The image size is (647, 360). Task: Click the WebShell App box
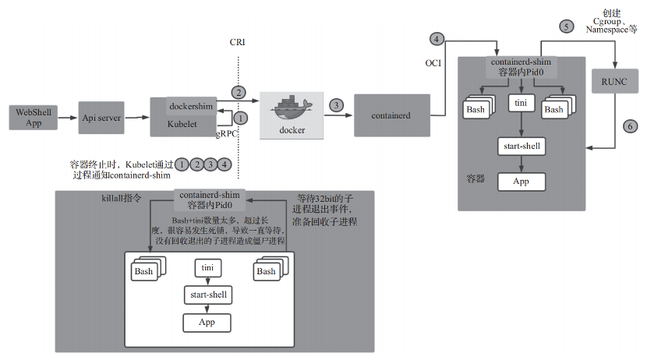click(34, 117)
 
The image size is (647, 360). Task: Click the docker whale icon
click(291, 107)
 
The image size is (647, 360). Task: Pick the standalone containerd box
click(392, 115)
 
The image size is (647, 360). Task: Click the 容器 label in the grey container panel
click(476, 178)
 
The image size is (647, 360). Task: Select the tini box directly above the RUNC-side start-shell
click(521, 102)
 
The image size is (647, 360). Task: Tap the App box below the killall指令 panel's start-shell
click(207, 321)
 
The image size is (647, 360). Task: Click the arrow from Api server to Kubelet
click(138, 117)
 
